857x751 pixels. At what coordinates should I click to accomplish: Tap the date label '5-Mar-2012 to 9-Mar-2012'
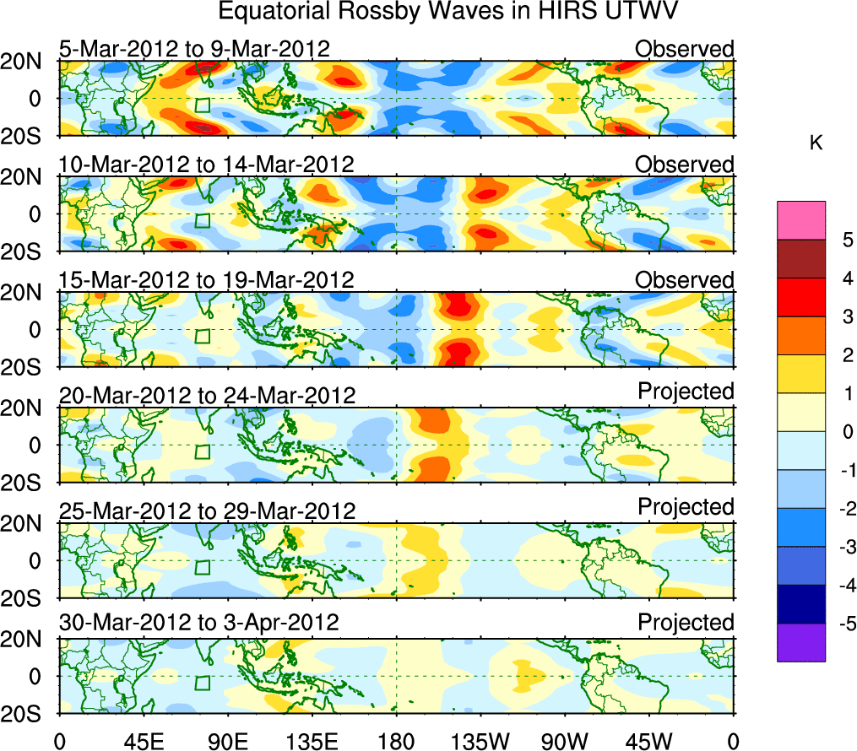(x=194, y=49)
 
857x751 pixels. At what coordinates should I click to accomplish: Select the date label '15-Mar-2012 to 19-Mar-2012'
(x=207, y=279)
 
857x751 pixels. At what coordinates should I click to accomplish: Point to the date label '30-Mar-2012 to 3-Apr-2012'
(x=199, y=623)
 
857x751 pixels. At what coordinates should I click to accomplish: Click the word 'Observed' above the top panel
(x=685, y=49)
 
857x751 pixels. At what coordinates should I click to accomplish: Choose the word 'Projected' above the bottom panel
(x=686, y=623)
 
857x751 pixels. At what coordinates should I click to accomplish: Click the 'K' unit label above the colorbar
(x=816, y=143)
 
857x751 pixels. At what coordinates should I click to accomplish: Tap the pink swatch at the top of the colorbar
(x=801, y=220)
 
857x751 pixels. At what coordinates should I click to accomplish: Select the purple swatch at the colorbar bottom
(x=801, y=642)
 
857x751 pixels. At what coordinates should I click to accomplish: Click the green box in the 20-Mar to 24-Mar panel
(x=202, y=451)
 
